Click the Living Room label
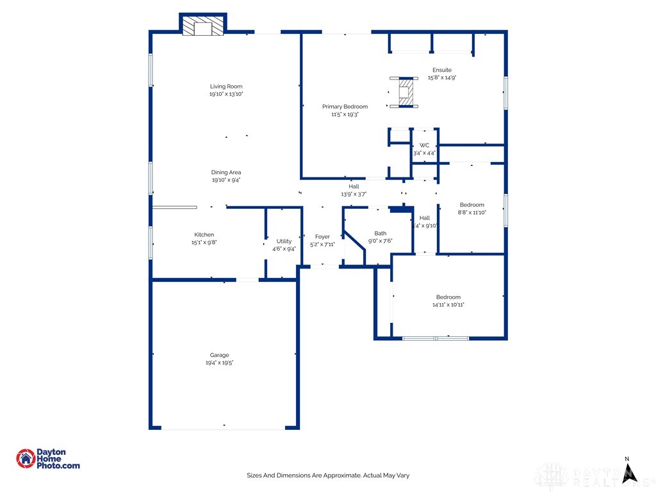(226, 86)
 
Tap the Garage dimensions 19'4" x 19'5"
(219, 363)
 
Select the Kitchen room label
(204, 234)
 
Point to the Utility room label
(284, 241)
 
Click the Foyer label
(322, 236)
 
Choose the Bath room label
(381, 233)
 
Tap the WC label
(424, 145)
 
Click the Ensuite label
(442, 70)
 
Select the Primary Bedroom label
(345, 106)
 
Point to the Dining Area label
(226, 172)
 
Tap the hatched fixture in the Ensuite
(405, 92)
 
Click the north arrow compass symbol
(630, 473)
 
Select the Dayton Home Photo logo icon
(26, 458)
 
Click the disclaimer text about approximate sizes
(328, 475)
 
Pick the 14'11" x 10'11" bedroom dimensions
(448, 305)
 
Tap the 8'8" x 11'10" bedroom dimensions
(471, 213)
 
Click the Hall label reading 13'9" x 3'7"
(354, 194)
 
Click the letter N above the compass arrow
(628, 459)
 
